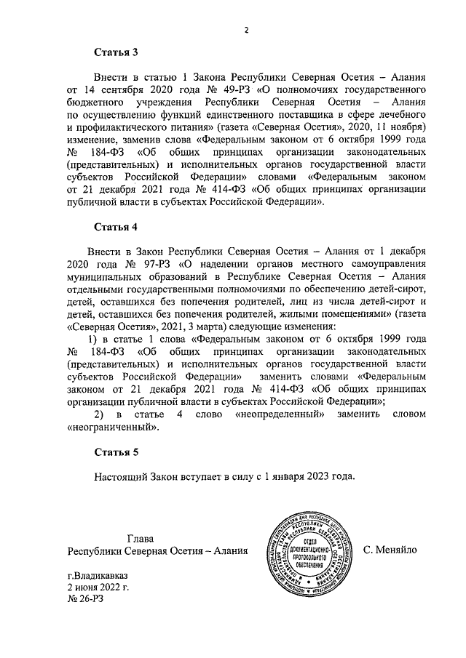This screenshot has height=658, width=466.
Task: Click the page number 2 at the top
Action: point(247,29)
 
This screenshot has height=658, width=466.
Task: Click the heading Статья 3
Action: point(116,52)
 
